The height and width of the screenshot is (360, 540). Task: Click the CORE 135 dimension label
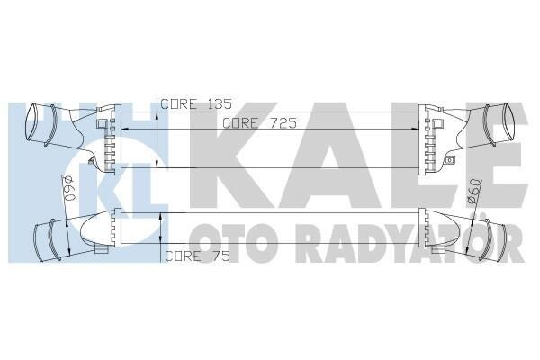pyautogui.click(x=196, y=104)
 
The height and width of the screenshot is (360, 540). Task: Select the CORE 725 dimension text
pyautogui.click(x=259, y=123)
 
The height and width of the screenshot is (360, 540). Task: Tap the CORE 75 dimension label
pyautogui.click(x=197, y=256)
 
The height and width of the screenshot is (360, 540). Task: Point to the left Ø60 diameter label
pyautogui.click(x=68, y=188)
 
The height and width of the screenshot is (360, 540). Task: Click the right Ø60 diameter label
pyautogui.click(x=475, y=193)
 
